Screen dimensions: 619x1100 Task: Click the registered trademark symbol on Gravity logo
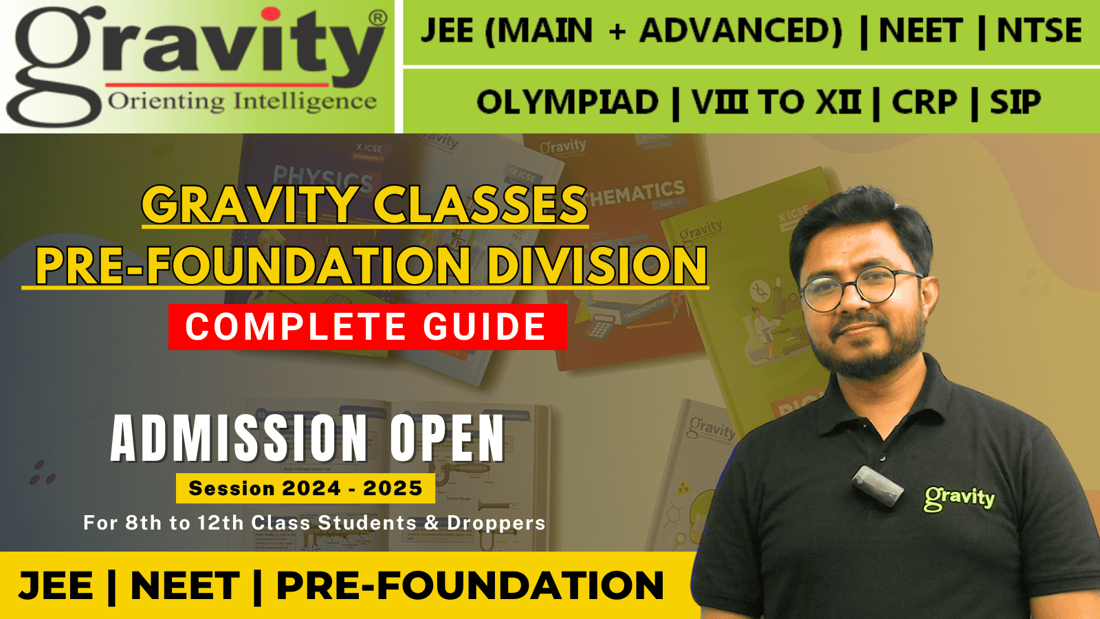click(x=377, y=19)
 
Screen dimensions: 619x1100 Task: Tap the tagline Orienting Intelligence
click(x=242, y=102)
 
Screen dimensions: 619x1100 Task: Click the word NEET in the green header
click(x=921, y=31)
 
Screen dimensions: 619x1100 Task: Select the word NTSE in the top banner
click(x=1039, y=31)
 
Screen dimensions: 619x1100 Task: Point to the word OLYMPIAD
click(x=567, y=103)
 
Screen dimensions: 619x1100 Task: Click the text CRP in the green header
click(x=923, y=103)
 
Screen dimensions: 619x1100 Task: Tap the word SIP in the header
click(x=1015, y=103)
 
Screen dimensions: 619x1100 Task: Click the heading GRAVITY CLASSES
click(x=364, y=205)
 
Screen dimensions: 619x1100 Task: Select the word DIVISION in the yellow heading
click(x=597, y=266)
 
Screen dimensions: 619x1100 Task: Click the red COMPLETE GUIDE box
click(x=367, y=327)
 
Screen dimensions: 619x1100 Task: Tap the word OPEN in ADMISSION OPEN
click(x=448, y=438)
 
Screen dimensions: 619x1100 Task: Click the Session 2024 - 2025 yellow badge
click(x=305, y=488)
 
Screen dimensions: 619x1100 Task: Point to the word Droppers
click(x=496, y=523)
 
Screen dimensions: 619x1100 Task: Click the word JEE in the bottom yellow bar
click(x=56, y=586)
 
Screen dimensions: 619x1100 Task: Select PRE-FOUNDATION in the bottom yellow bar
click(x=470, y=586)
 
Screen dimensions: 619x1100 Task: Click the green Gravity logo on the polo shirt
click(x=959, y=497)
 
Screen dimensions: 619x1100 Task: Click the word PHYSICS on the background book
click(x=322, y=177)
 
